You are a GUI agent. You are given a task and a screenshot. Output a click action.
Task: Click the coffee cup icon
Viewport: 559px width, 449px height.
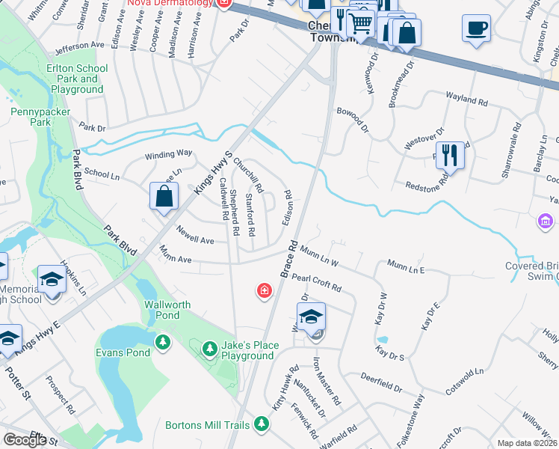pyautogui.click(x=476, y=28)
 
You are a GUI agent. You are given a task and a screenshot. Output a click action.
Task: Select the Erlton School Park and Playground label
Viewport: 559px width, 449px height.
pyautogui.click(x=77, y=79)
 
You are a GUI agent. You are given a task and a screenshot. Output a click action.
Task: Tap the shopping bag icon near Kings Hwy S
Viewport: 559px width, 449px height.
pyautogui.click(x=164, y=198)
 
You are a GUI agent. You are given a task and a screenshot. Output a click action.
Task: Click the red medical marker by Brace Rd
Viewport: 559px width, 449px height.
pyautogui.click(x=264, y=291)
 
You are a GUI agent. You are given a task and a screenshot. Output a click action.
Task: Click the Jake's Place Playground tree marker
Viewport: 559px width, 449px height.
pyautogui.click(x=210, y=348)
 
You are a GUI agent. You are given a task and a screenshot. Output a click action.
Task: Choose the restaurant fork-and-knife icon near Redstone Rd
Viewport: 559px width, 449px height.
pyautogui.click(x=449, y=155)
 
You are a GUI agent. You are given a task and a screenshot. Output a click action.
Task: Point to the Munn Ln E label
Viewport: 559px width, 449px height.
pyautogui.click(x=406, y=266)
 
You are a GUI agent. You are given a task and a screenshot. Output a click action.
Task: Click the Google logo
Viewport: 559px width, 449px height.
pyautogui.click(x=25, y=440)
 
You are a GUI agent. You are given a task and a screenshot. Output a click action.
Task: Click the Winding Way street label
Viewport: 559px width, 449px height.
pyautogui.click(x=168, y=153)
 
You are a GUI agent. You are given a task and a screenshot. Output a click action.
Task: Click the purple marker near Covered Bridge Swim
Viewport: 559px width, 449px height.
pyautogui.click(x=545, y=222)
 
